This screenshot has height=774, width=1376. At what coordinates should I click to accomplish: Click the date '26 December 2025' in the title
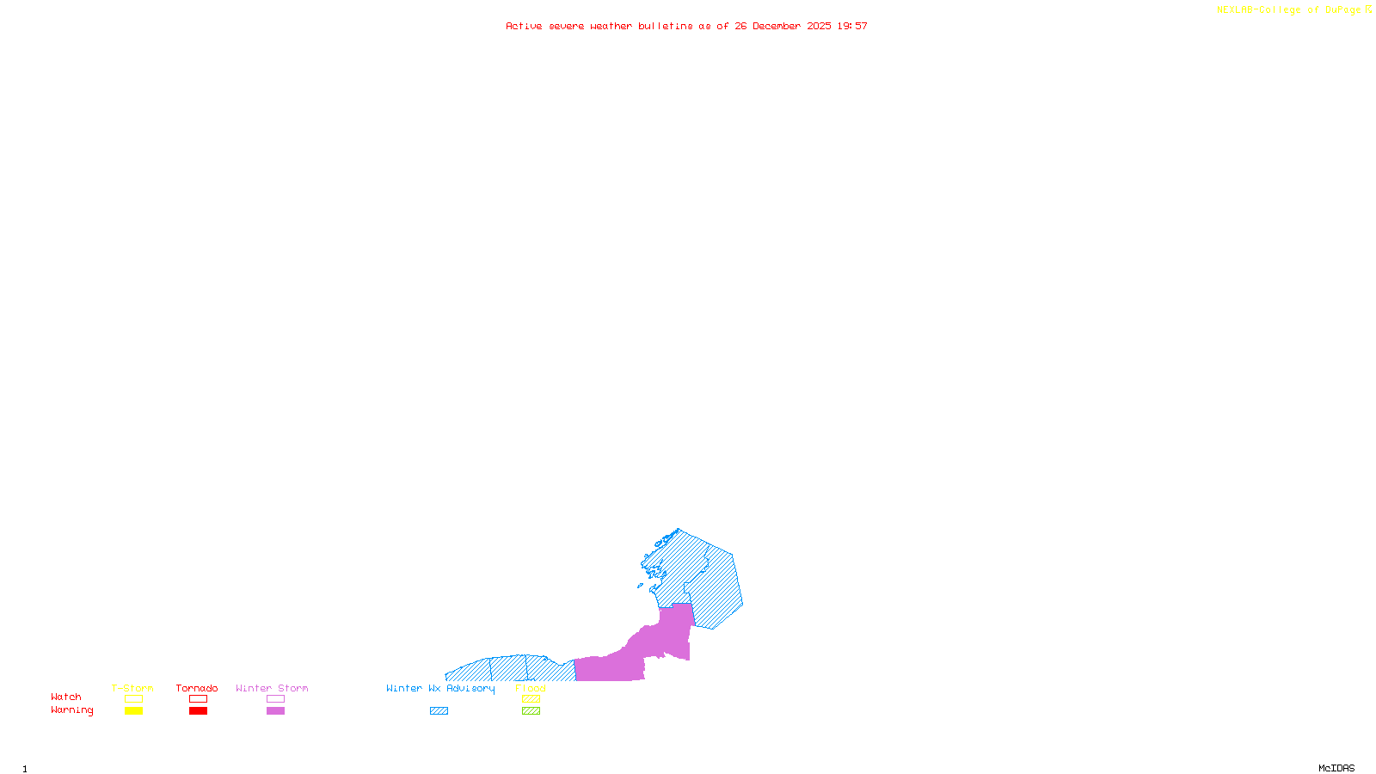click(783, 27)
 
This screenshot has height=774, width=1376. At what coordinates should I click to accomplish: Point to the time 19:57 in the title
click(852, 27)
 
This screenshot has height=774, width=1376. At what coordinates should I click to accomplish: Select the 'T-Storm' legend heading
click(132, 688)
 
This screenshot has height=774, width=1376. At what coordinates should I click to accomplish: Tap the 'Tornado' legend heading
click(197, 688)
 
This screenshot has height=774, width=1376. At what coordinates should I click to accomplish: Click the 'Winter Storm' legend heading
click(272, 688)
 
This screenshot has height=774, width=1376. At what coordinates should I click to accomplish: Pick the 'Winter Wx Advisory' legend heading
click(440, 688)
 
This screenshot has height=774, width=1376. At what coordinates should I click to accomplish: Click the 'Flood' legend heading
click(531, 688)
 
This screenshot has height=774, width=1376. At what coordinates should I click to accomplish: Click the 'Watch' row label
click(66, 697)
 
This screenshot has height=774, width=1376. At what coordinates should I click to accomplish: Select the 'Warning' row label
click(72, 710)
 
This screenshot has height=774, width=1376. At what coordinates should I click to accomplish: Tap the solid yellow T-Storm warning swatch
click(133, 711)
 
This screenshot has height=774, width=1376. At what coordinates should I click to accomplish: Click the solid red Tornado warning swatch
click(198, 711)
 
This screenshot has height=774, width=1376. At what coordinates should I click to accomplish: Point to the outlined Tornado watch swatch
click(198, 699)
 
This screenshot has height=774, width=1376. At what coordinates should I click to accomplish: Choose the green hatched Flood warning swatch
click(531, 711)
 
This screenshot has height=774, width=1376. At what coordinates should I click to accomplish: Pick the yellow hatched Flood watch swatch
click(531, 699)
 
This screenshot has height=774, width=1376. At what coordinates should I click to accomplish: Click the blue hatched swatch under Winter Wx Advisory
click(439, 711)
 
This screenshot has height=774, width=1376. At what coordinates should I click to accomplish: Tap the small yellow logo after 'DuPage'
click(1368, 9)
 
